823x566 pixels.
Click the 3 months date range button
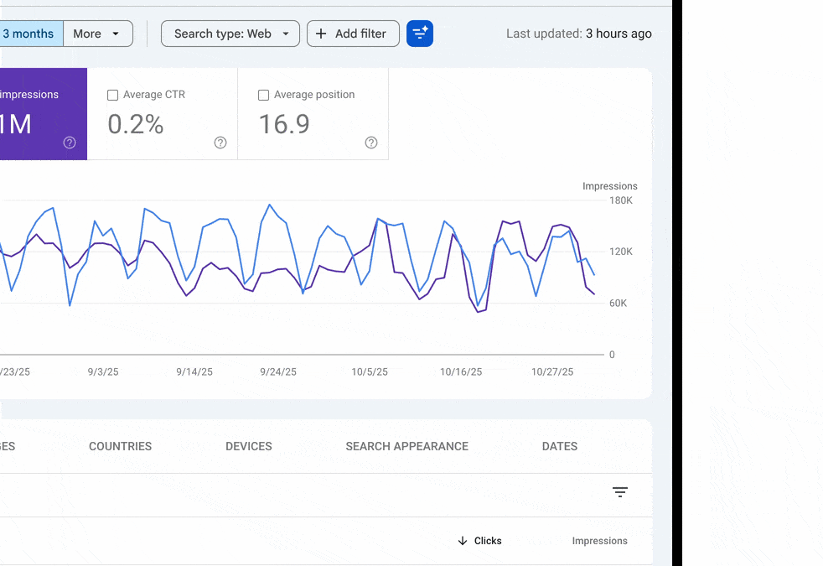pyautogui.click(x=28, y=34)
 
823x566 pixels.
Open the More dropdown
pyautogui.click(x=97, y=34)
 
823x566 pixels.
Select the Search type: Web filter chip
pyautogui.click(x=230, y=34)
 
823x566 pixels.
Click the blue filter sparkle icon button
pyautogui.click(x=420, y=34)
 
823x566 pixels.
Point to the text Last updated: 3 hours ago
pyautogui.click(x=578, y=34)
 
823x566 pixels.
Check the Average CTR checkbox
pyautogui.click(x=113, y=96)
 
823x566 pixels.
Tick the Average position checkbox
pyautogui.click(x=264, y=96)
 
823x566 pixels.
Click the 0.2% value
pyautogui.click(x=136, y=124)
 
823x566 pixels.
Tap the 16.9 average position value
pyautogui.click(x=284, y=124)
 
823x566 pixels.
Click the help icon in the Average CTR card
pyautogui.click(x=220, y=143)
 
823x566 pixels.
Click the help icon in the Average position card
pyautogui.click(x=371, y=143)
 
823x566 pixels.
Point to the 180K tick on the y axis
pyautogui.click(x=621, y=200)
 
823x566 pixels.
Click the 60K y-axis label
pyautogui.click(x=618, y=303)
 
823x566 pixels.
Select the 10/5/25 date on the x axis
pyautogui.click(x=370, y=372)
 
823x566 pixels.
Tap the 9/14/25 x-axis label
pyautogui.click(x=194, y=372)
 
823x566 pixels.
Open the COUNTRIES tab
pyautogui.click(x=121, y=446)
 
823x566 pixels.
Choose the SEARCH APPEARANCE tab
pyautogui.click(x=406, y=446)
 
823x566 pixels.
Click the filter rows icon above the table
pyautogui.click(x=620, y=492)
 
